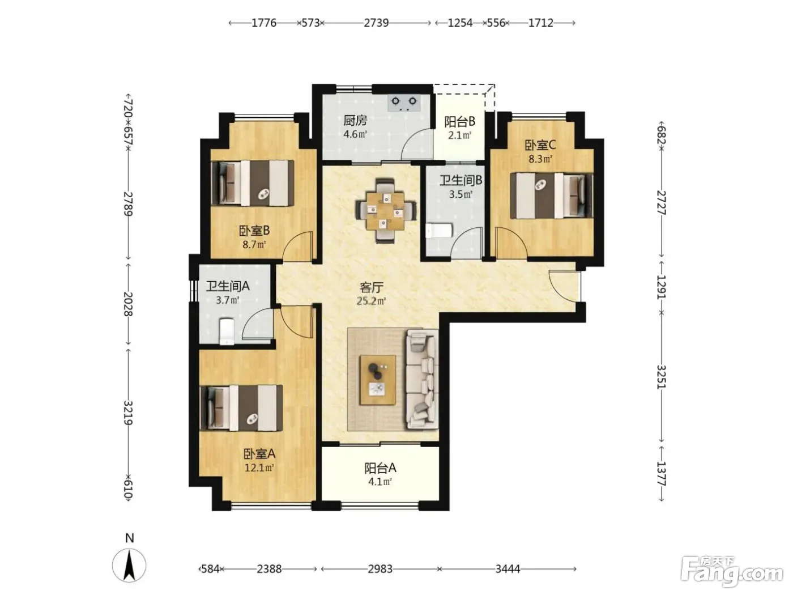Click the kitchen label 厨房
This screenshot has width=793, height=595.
click(x=355, y=120)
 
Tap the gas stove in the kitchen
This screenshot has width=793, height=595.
click(x=404, y=103)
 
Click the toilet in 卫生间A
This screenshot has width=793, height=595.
click(x=227, y=331)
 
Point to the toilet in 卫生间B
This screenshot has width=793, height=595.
click(x=438, y=231)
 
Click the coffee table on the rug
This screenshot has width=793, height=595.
click(x=378, y=380)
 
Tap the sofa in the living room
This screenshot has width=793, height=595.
click(x=423, y=379)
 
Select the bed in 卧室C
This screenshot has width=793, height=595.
click(x=551, y=195)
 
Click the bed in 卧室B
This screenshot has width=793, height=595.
click(x=252, y=183)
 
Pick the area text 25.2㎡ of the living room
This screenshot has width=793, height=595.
click(x=372, y=301)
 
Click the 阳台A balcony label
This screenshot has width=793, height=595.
click(x=380, y=468)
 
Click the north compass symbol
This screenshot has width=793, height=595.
click(x=129, y=566)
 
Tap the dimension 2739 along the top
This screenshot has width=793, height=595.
click(x=376, y=23)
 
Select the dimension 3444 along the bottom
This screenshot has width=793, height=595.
click(x=508, y=569)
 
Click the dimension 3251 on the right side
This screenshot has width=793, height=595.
click(x=661, y=377)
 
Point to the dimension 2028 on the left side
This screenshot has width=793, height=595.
click(x=129, y=304)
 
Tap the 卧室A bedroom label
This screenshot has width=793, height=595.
click(x=259, y=454)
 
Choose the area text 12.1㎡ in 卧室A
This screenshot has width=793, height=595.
click(x=259, y=468)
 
